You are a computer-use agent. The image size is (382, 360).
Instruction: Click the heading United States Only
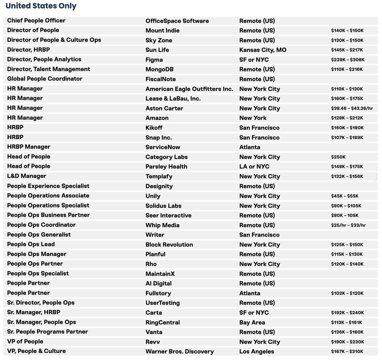(x=41, y=6)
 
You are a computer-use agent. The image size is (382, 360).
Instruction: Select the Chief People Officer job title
(x=36, y=20)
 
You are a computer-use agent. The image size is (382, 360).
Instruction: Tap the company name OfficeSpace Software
(x=177, y=21)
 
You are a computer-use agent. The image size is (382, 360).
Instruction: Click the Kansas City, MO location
(x=263, y=50)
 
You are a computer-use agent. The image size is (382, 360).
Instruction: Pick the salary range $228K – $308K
(x=348, y=60)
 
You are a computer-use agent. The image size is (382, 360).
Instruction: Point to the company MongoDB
(x=159, y=70)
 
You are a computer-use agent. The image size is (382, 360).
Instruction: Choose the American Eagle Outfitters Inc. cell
(x=189, y=89)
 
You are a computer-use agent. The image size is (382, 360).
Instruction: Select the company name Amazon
(x=157, y=118)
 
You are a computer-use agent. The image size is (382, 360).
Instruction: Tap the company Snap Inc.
(x=159, y=138)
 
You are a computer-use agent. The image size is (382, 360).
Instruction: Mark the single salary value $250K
(x=338, y=157)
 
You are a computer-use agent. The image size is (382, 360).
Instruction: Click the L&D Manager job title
(x=27, y=176)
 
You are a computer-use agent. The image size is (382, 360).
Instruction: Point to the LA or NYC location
(x=254, y=167)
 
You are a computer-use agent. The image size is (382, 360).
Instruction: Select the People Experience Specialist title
(x=48, y=186)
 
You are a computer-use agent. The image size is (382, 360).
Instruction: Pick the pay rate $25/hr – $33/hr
(x=348, y=225)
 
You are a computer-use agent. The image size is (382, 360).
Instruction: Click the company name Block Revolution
(x=169, y=245)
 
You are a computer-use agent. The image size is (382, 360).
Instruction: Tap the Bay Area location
(x=252, y=322)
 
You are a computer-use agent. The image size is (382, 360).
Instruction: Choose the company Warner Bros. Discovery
(x=179, y=351)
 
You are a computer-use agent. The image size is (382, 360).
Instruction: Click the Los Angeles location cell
(x=256, y=351)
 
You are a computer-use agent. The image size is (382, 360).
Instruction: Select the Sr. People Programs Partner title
(x=47, y=332)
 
